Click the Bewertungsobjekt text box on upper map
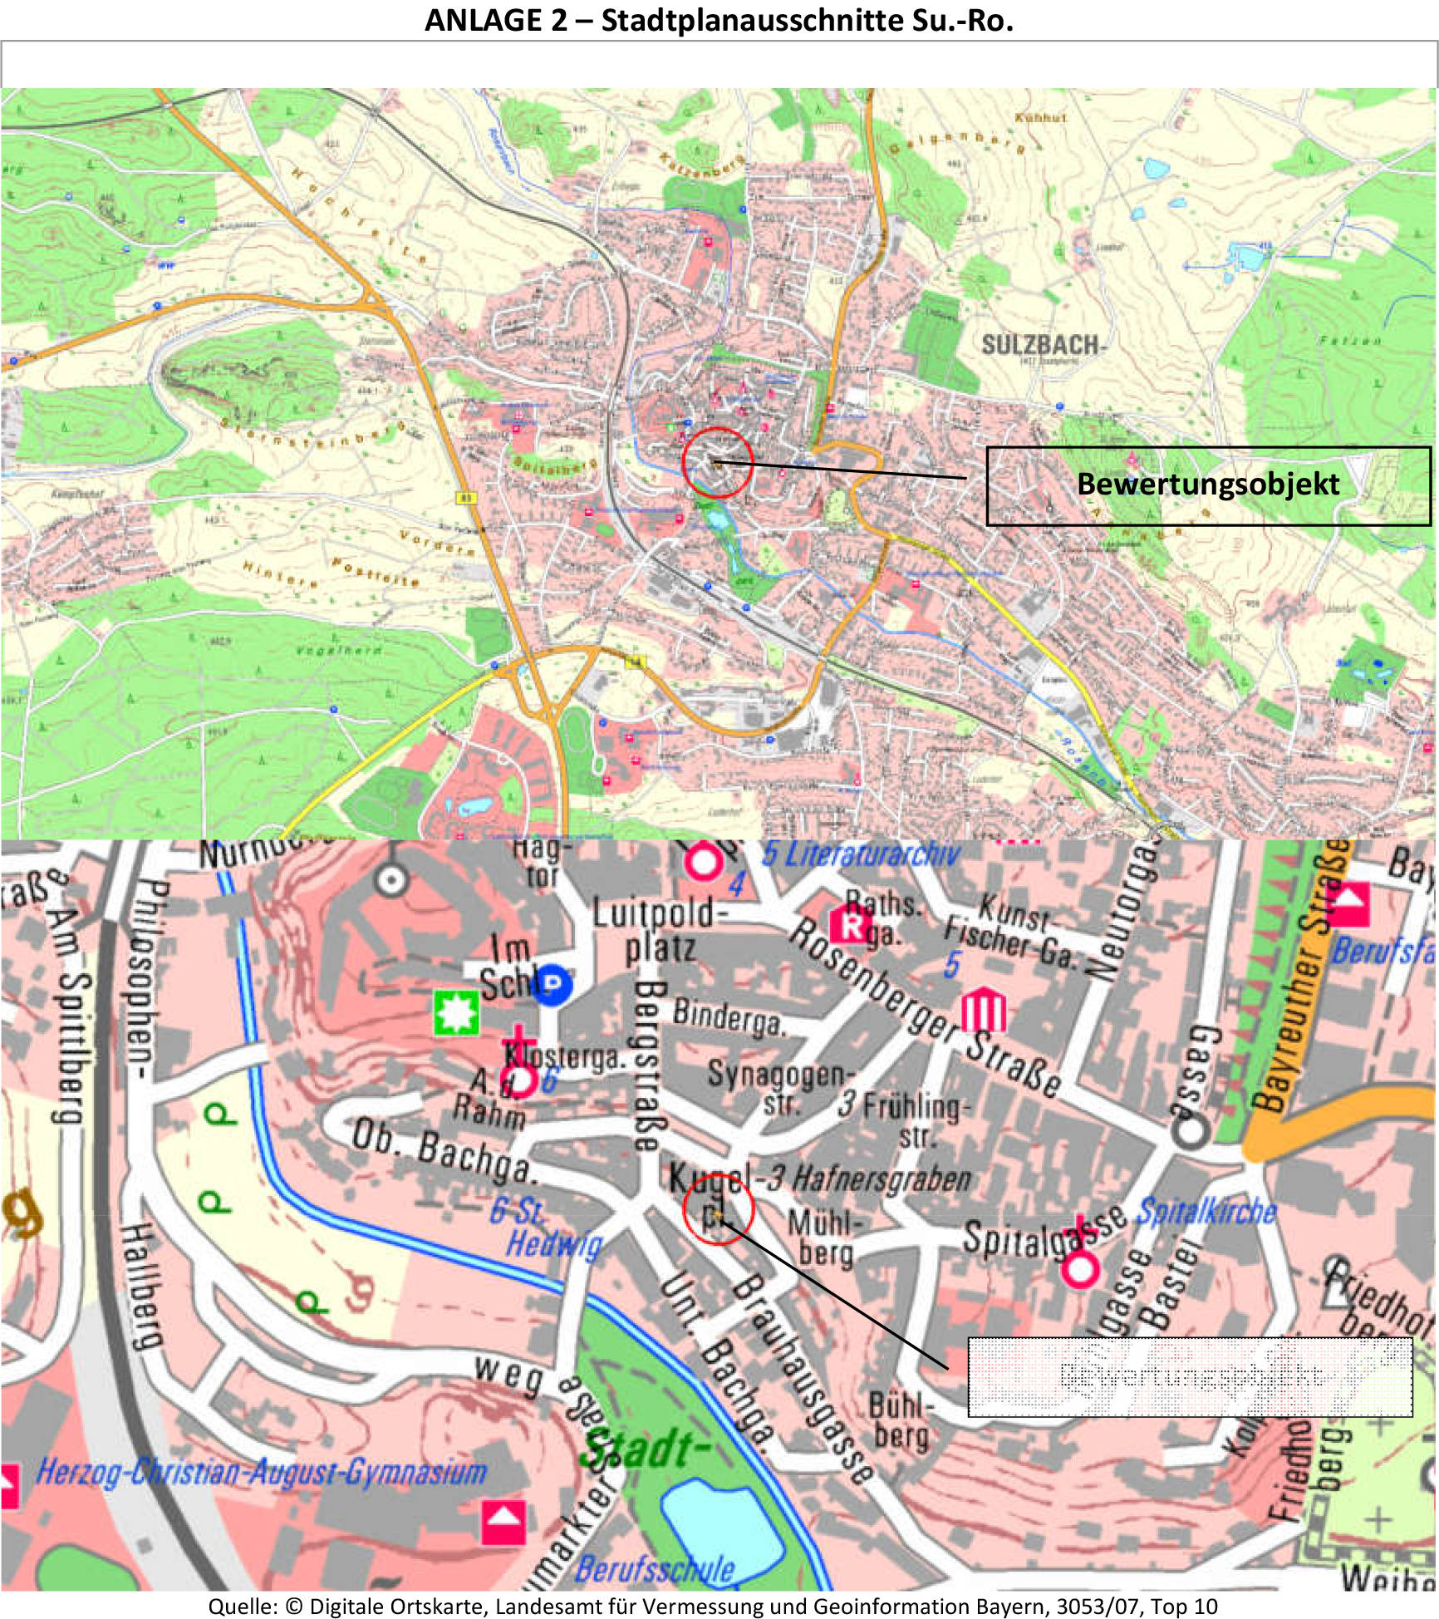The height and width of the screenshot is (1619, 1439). pyautogui.click(x=1207, y=485)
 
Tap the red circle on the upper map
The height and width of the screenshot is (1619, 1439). pyautogui.click(x=717, y=463)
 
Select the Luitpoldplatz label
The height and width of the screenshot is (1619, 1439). pyautogui.click(x=656, y=931)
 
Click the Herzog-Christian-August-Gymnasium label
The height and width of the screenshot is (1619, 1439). pyautogui.click(x=261, y=1473)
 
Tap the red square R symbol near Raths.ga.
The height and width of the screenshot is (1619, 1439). pyautogui.click(x=851, y=924)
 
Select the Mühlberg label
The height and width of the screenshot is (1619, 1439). pyautogui.click(x=825, y=1238)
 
